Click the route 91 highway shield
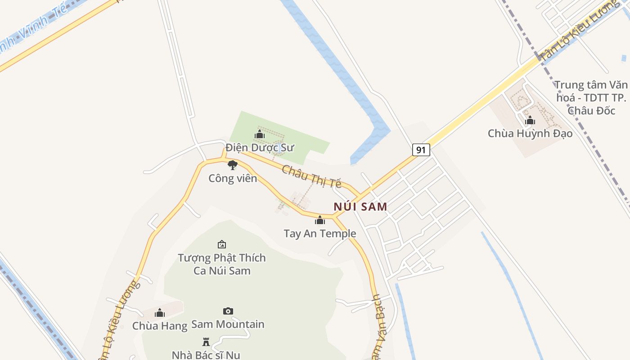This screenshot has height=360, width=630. point(421,150)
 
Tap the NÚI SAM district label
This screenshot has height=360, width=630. point(360,207)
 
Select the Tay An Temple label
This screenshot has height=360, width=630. point(319,234)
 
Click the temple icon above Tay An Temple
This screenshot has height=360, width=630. point(320,220)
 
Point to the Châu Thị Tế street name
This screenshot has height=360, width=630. point(311,176)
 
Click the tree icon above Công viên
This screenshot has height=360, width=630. point(232,165)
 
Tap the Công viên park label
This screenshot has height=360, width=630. point(233,178)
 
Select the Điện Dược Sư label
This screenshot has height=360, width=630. point(260,147)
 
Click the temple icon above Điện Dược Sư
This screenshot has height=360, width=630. point(260,134)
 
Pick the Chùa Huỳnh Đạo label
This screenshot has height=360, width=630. point(530,133)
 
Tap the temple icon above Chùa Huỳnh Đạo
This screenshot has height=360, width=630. point(530,120)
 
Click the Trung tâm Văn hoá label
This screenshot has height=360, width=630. point(591,98)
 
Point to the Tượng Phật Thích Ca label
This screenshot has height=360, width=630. point(222,264)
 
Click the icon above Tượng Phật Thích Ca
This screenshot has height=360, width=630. point(222,244)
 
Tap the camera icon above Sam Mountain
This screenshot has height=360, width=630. point(228,311)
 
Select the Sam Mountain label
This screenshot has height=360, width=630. point(228,324)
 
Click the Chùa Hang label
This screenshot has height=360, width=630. point(160,326)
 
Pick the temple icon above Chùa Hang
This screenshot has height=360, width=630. point(160,313)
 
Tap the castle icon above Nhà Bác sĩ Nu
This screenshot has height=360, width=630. point(206,342)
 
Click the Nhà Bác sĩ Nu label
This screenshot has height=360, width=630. point(206,355)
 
